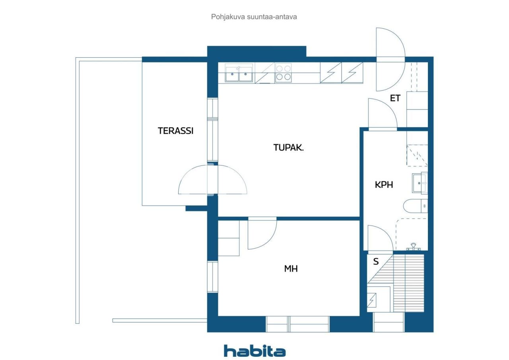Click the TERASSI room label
click(x=175, y=130)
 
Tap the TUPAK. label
click(x=288, y=148)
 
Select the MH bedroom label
click(x=291, y=269)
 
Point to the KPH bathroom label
click(x=384, y=185)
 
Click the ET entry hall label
click(x=395, y=98)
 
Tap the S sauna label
click(x=375, y=262)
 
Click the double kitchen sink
click(x=239, y=74)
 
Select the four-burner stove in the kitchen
click(x=283, y=73)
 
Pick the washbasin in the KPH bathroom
click(x=420, y=183)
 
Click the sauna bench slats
click(x=408, y=282)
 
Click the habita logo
click(x=254, y=351)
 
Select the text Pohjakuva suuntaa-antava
click(x=254, y=17)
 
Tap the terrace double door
click(x=212, y=180)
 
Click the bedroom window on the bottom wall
click(x=297, y=324)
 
